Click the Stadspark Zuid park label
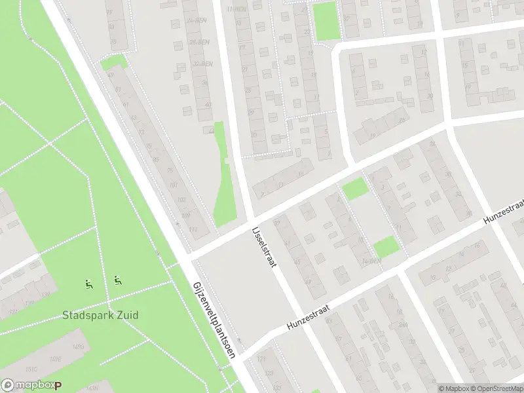(100, 315)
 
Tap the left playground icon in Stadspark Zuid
(88, 284)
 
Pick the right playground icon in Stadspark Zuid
(118, 281)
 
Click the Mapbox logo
(31, 386)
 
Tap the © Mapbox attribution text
(452, 388)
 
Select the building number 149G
(79, 346)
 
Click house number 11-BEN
(235, 9)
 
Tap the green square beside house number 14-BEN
(386, 247)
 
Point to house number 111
(192, 229)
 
